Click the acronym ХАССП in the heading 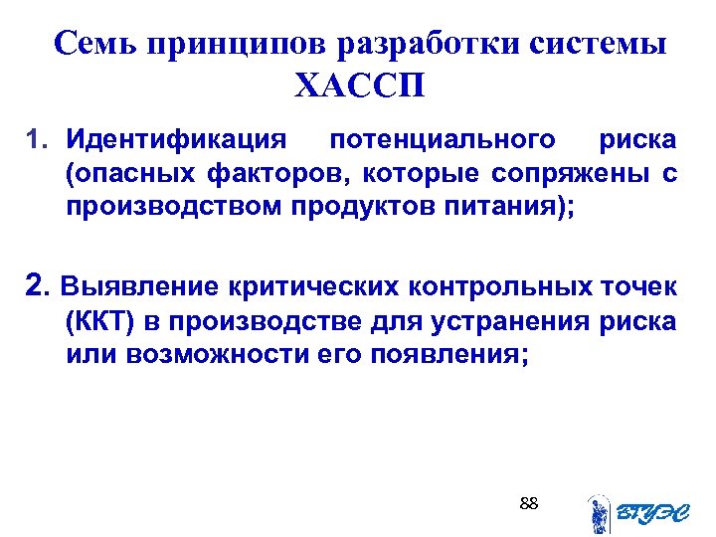coord(359,87)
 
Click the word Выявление coord(140,288)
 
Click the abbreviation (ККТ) coord(96,322)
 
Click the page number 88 coord(529,504)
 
